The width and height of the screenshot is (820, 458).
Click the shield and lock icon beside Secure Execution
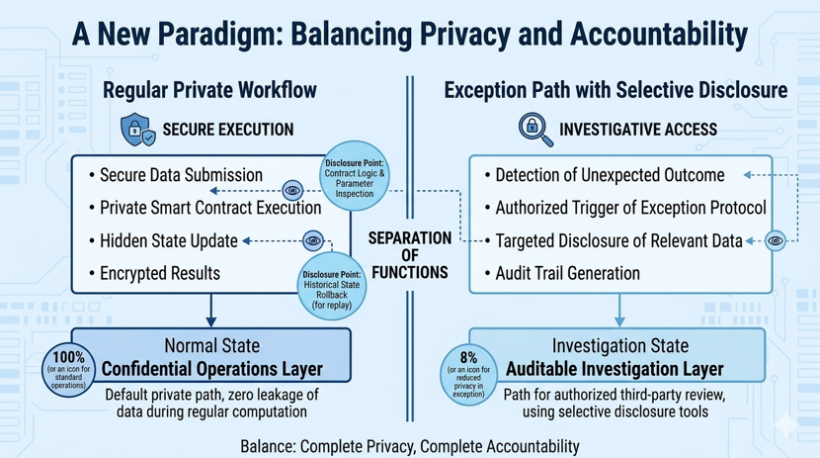pos(136,130)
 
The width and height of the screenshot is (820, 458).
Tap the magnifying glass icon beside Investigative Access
pos(534,129)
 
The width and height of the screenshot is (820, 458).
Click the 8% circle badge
pos(468,372)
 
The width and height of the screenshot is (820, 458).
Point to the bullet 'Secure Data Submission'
pos(181,175)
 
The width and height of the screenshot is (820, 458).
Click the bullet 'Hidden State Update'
pos(168,240)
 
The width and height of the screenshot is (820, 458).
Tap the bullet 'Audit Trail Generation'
pos(567,273)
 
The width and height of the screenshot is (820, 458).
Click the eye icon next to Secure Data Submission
pos(292,190)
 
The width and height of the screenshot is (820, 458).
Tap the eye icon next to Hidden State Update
pos(313,240)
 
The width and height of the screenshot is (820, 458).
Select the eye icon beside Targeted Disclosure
pos(776,240)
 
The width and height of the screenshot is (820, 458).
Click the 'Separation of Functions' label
pos(410,255)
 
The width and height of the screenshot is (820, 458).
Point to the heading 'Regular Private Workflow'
pos(210,90)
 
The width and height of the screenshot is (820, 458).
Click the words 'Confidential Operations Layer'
pos(212,368)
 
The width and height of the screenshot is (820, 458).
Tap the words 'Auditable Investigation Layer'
pos(615,369)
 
